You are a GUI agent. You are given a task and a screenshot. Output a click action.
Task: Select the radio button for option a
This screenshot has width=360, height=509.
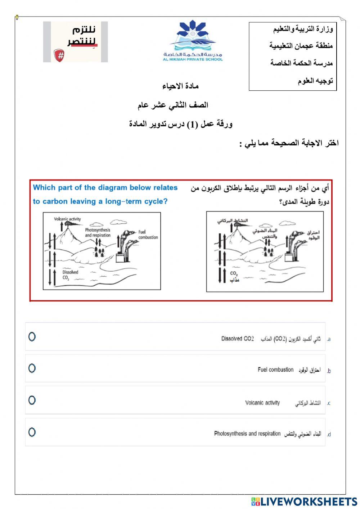tap(32, 337)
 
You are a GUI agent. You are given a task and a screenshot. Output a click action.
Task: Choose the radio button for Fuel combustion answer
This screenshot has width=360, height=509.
tap(32, 368)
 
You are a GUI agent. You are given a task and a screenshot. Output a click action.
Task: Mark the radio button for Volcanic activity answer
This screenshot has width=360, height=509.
tap(32, 400)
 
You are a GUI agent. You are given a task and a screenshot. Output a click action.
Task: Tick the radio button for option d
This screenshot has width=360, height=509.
tap(32, 432)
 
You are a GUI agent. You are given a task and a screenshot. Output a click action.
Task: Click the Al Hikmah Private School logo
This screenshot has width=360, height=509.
tap(193, 41)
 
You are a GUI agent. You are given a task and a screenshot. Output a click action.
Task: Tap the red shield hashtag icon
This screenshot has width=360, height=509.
tap(59, 55)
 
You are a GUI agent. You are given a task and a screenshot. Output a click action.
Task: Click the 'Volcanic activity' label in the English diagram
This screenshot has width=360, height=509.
tap(67, 219)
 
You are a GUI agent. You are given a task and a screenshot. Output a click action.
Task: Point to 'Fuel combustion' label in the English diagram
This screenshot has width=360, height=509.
tap(148, 235)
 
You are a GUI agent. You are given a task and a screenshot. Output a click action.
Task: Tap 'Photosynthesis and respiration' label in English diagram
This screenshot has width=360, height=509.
tap(98, 233)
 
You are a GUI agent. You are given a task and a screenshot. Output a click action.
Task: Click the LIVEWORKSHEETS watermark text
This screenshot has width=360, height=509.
tap(304, 501)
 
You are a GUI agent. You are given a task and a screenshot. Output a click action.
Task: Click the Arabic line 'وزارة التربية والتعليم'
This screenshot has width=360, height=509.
tap(303, 29)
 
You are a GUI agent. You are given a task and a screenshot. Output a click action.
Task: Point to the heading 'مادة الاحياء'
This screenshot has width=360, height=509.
tap(180, 86)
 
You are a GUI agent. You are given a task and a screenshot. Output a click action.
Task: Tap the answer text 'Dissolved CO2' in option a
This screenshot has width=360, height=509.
tap(237, 339)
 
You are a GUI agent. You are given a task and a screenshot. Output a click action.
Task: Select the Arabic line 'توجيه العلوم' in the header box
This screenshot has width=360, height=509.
tap(315, 81)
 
